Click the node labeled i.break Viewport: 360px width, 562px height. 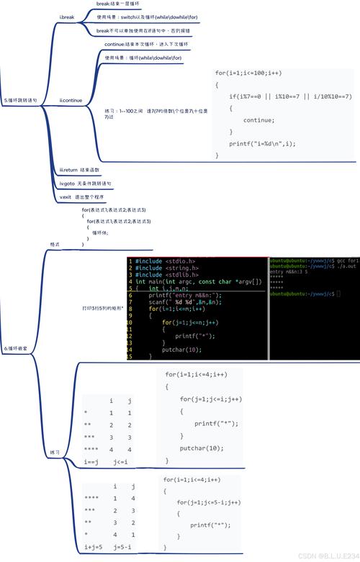67,17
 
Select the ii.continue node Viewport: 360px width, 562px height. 71,100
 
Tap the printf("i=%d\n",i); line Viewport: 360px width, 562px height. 262,143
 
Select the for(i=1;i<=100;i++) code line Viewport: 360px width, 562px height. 248,73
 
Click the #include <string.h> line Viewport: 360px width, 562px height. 160,268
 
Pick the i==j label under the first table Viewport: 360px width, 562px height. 91,461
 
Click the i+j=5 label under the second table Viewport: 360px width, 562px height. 93,548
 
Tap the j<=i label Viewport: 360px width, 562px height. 120,461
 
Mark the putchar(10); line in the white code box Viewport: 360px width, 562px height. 202,448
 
